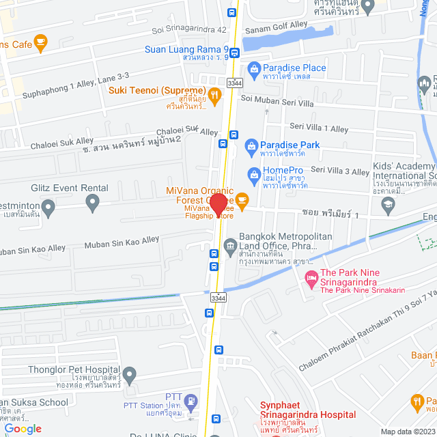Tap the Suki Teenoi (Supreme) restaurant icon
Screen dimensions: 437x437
214,95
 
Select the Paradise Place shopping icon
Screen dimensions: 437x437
254,68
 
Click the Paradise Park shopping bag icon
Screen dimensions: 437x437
251,145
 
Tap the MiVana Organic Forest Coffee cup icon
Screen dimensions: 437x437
242,199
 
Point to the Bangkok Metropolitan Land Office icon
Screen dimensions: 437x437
229,244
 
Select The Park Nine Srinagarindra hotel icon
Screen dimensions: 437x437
311,278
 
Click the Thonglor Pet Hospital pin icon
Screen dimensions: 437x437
130,373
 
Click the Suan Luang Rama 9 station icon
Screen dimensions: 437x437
234,52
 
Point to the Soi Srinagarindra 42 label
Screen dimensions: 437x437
189,30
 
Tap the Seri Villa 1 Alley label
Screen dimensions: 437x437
319,128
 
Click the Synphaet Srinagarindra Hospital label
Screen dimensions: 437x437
308,414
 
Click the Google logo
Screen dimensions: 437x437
23,428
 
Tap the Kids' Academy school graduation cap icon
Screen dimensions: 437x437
388,203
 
